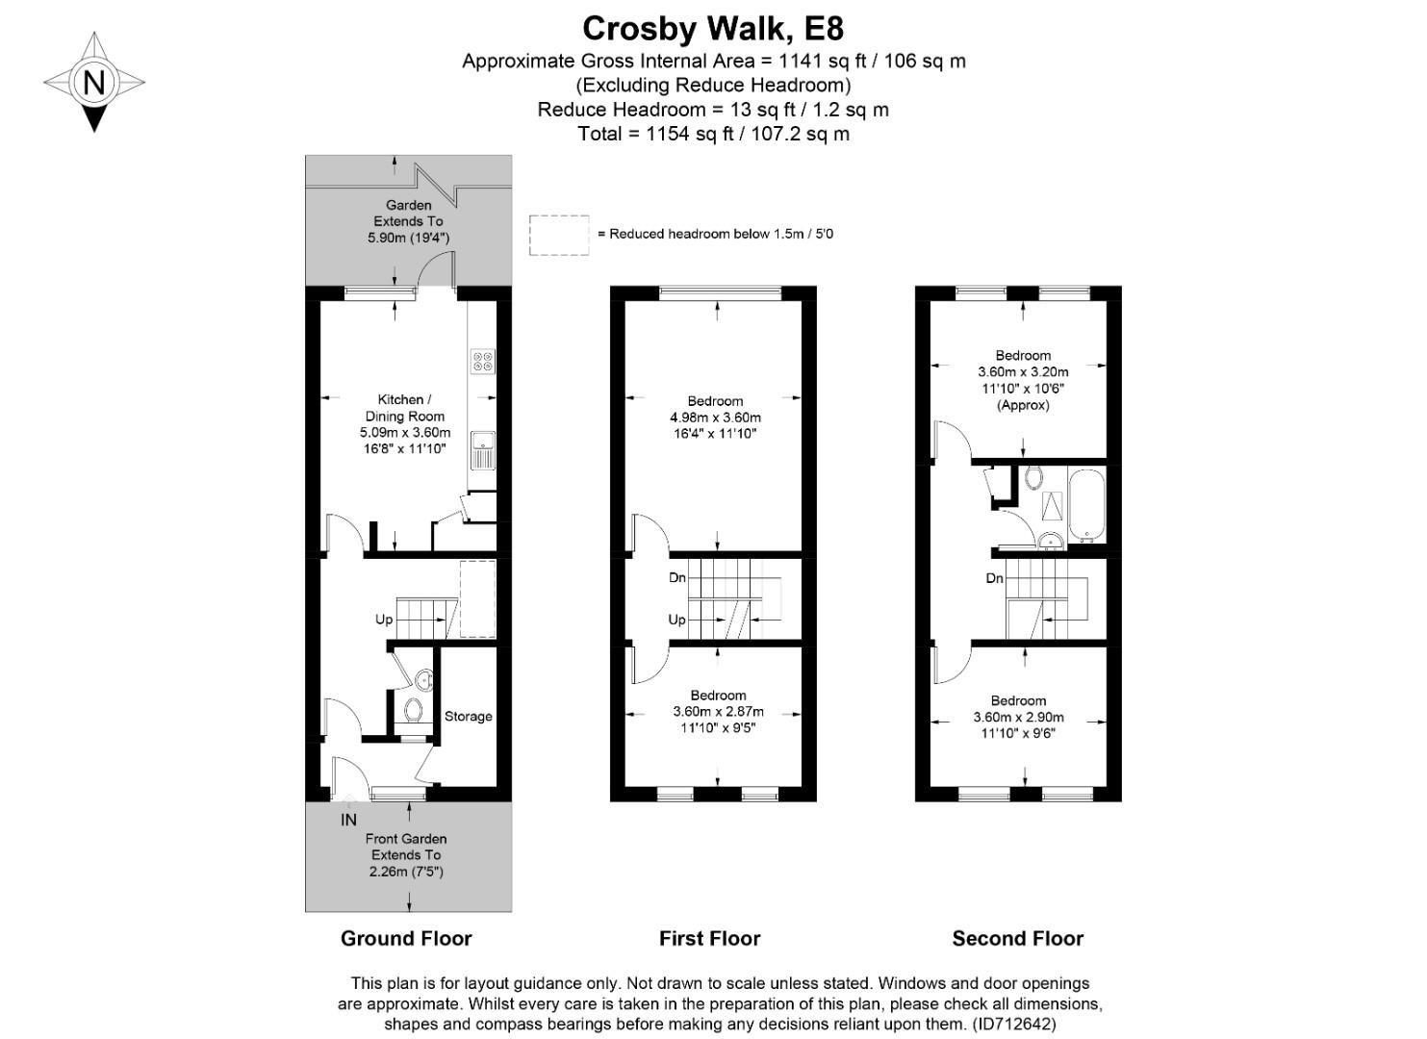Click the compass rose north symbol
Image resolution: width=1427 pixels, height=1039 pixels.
click(93, 82)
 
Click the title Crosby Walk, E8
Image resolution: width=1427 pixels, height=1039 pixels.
click(713, 28)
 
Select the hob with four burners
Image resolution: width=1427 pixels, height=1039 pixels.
click(483, 361)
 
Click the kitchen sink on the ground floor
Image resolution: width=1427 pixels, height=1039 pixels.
click(482, 449)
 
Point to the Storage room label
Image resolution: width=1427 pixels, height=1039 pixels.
click(468, 717)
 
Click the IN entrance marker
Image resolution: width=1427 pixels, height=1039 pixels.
click(348, 820)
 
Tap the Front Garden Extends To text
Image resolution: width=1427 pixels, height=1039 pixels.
click(406, 847)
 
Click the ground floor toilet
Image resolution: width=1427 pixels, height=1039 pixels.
click(414, 711)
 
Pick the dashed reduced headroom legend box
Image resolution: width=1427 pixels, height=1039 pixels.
click(559, 235)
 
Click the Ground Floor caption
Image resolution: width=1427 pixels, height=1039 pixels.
click(406, 939)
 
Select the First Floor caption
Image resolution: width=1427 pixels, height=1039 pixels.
click(709, 939)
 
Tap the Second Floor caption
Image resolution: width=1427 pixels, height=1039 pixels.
click(1017, 939)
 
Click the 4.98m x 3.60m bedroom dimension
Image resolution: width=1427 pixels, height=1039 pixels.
click(715, 418)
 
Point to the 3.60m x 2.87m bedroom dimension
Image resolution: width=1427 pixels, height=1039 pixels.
click(718, 712)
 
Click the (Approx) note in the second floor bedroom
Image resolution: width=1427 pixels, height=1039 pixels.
click(1023, 405)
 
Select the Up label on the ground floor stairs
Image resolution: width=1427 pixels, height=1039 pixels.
click(384, 620)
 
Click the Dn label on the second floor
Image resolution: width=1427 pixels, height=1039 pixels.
click(995, 578)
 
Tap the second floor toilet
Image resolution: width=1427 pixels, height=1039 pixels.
click(1034, 476)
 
